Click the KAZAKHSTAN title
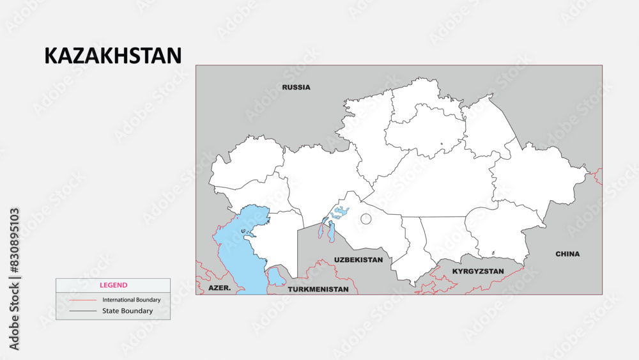(x=113, y=56)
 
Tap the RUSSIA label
(x=296, y=87)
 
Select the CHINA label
(x=567, y=254)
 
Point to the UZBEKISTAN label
(x=358, y=260)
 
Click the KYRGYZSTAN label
(x=478, y=271)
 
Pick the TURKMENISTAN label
(x=318, y=289)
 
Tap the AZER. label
(x=220, y=289)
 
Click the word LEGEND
(x=113, y=285)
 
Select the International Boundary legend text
(x=131, y=299)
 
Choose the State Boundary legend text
(x=127, y=311)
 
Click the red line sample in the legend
(x=83, y=299)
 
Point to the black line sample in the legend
(x=83, y=311)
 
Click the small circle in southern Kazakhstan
(x=366, y=219)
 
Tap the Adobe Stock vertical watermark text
(x=14, y=279)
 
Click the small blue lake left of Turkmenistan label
(x=276, y=277)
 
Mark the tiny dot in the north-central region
(x=441, y=144)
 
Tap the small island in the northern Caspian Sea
(x=243, y=231)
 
